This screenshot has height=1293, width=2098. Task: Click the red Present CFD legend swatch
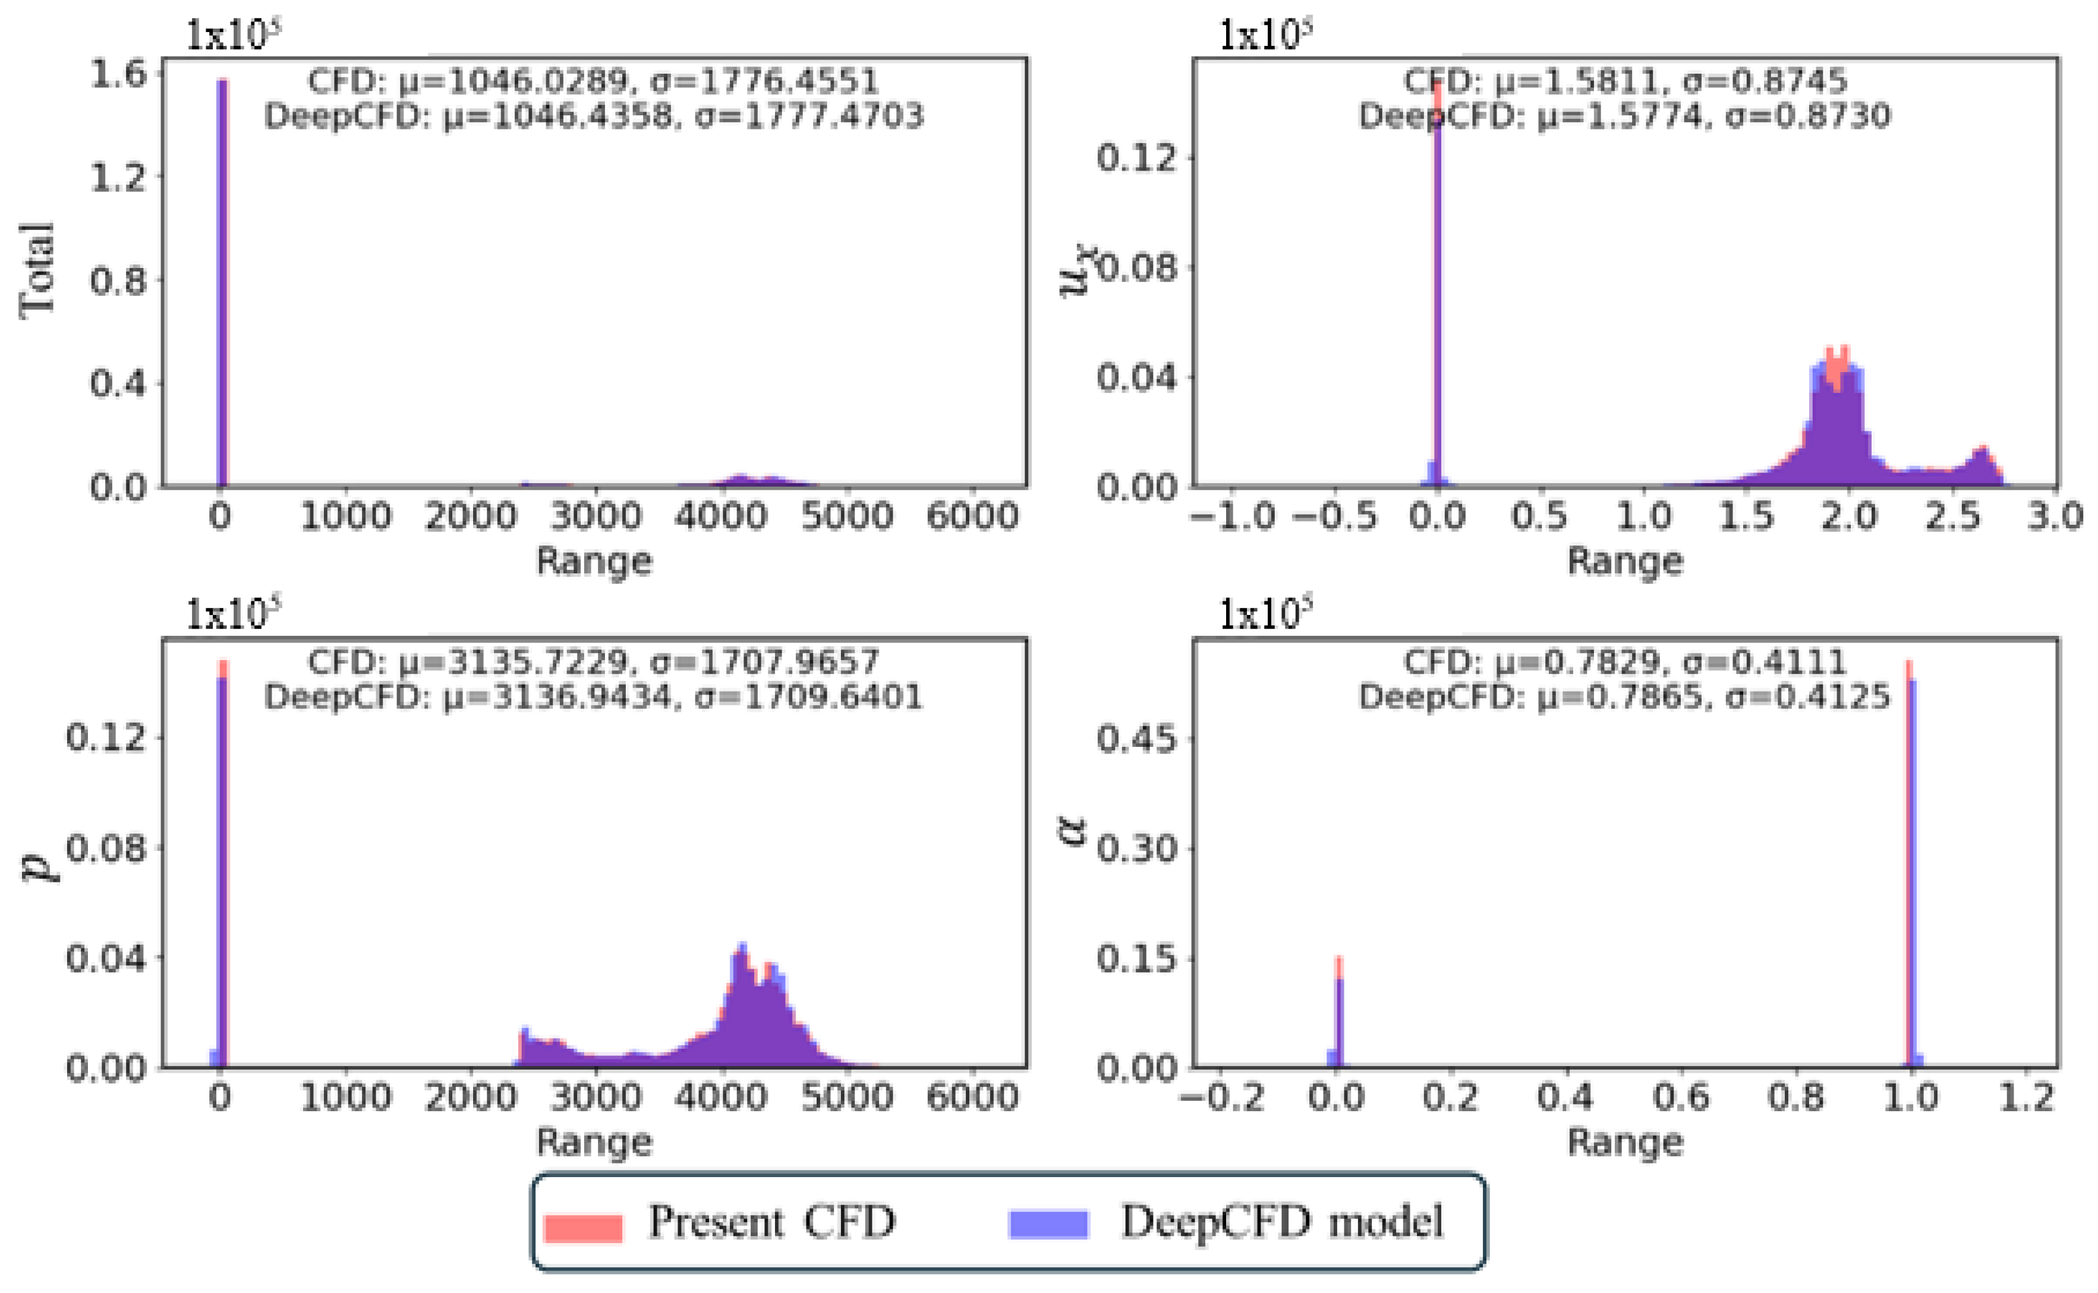click(582, 1225)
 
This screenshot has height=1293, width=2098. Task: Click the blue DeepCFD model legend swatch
click(1048, 1223)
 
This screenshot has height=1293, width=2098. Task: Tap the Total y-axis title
click(37, 271)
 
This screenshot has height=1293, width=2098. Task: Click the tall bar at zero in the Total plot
click(222, 282)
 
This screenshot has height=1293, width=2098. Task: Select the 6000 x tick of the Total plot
click(972, 516)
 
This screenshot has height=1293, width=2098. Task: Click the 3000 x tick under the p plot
click(596, 1096)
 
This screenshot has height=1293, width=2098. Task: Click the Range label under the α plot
click(1624, 1143)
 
